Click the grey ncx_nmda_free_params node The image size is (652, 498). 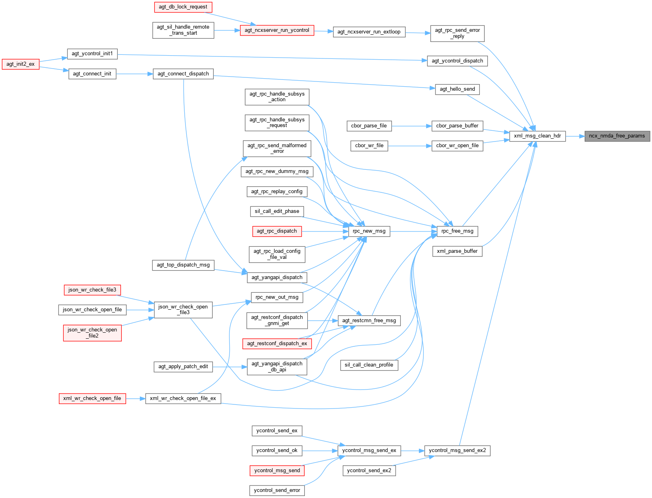[617, 136]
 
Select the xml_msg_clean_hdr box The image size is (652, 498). [537, 136]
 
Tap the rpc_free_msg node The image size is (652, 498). [457, 231]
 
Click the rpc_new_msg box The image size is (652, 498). [369, 231]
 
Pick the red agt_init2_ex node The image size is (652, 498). [21, 64]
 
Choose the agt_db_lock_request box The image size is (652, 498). [183, 7]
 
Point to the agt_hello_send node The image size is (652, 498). [457, 89]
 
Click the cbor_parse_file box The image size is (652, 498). [369, 126]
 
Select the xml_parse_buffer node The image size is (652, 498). [457, 251]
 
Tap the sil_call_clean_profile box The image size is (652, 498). [369, 365]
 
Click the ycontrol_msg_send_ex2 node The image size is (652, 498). [457, 450]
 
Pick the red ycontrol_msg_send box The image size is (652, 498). [277, 471]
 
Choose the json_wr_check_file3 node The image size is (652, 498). [92, 290]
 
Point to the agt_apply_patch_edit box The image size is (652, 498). [183, 367]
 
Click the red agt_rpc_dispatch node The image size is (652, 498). [277, 231]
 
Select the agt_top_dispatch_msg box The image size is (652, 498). [183, 265]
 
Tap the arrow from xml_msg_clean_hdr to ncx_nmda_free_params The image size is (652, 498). [575, 136]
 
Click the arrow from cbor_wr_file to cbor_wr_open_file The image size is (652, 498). [410, 146]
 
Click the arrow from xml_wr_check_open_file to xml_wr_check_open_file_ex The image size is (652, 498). [135, 399]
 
